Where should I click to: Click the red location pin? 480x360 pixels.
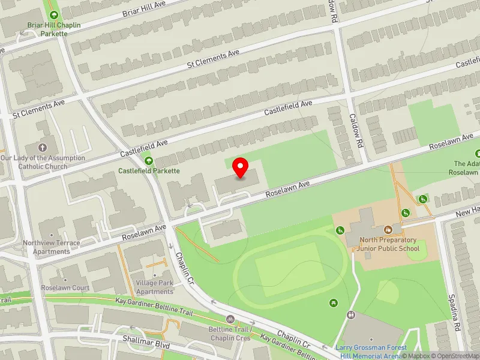241,168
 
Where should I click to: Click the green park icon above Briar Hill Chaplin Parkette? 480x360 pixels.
54,15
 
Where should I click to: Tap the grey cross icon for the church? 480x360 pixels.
43,147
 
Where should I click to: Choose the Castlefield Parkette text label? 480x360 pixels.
149,171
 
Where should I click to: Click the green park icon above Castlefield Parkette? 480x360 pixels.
148,160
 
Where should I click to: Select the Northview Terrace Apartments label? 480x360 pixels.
51,247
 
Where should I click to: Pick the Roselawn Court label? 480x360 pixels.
65,288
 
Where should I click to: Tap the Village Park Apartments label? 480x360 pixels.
155,287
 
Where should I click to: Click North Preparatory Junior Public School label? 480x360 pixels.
388,244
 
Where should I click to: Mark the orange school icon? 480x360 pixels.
388,229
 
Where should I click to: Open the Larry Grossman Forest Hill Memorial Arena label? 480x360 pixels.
371,352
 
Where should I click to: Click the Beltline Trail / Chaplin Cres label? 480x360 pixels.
230,334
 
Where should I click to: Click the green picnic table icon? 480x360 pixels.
334,302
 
